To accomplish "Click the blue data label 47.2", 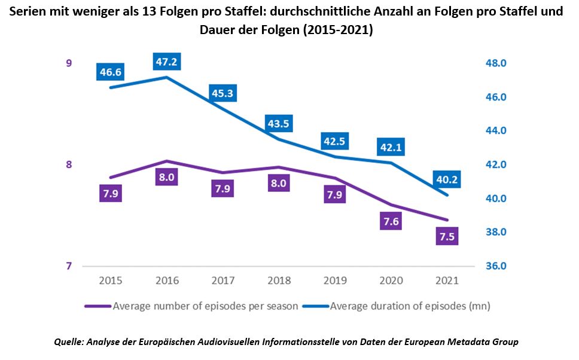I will tap(167, 62).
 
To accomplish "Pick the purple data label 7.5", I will tap(447, 236).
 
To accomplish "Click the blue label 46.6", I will tap(111, 72).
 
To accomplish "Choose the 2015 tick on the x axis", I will tap(111, 280).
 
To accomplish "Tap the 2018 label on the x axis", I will tap(279, 280).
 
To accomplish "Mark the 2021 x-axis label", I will tap(447, 280).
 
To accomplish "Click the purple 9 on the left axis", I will tap(69, 63).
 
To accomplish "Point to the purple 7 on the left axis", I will tap(69, 266).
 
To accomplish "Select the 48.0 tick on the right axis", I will tap(495, 63).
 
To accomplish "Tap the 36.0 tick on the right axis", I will tap(495, 266).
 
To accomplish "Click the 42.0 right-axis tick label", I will tap(495, 164).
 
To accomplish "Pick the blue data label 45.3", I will tap(223, 93).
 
